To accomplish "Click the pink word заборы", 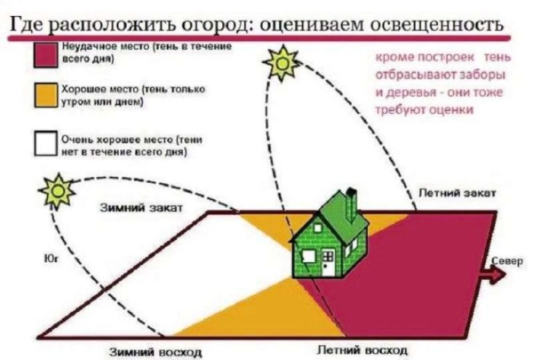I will point(489,75).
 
